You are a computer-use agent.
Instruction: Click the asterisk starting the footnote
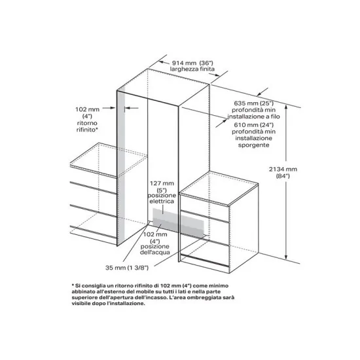coord(73,286)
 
